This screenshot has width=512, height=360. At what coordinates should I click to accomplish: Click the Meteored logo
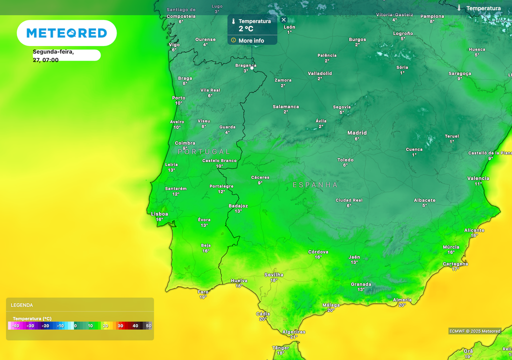tap(66, 33)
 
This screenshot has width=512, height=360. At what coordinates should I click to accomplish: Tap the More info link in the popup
tap(251, 40)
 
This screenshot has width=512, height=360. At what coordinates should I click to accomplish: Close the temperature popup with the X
tap(283, 20)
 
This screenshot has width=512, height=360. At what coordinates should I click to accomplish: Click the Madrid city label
tap(357, 133)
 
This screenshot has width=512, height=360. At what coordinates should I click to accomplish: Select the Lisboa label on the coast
tap(159, 214)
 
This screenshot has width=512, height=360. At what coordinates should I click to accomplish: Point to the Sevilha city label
tap(273, 274)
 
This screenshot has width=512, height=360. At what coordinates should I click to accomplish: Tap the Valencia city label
tap(478, 178)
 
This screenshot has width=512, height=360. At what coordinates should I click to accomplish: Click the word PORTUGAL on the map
tap(204, 151)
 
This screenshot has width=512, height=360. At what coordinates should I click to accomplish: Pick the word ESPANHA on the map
tap(315, 185)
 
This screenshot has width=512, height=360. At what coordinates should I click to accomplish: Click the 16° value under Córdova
tap(318, 257)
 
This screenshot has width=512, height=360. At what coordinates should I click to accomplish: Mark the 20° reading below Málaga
tap(330, 310)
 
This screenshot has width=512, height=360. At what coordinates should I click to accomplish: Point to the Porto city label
tap(178, 98)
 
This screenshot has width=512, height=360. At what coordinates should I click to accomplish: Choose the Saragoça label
tap(459, 73)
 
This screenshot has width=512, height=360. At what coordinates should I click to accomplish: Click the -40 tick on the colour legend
tap(16, 326)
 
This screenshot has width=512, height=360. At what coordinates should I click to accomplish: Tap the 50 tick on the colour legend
tap(148, 326)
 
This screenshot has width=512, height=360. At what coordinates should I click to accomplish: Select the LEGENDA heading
tap(22, 305)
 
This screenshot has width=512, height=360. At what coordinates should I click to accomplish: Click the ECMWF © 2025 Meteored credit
tap(474, 331)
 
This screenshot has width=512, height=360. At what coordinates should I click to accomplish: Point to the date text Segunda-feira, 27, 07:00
tap(53, 55)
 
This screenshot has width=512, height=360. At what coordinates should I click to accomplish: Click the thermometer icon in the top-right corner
tap(459, 8)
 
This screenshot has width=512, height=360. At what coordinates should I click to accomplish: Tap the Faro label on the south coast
tap(203, 291)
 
